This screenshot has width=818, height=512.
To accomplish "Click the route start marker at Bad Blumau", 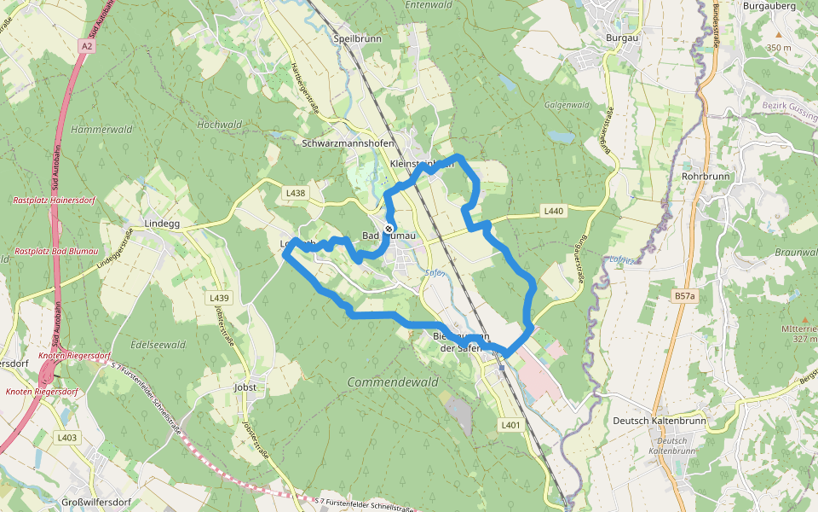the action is [x=389, y=229].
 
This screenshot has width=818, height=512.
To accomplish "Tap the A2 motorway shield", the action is [x=86, y=45].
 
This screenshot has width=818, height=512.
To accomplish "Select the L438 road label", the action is [x=296, y=194].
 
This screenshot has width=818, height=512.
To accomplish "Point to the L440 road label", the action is [x=554, y=211].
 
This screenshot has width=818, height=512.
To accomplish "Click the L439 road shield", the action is [x=219, y=298].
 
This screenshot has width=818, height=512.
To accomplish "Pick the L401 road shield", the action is [x=510, y=424].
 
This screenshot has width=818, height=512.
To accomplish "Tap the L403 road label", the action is [x=67, y=438].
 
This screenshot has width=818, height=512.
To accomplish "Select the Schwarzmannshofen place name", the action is [x=348, y=143].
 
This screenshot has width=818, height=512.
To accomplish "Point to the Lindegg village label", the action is [x=163, y=224].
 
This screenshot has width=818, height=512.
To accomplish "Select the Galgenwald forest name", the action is [x=567, y=105].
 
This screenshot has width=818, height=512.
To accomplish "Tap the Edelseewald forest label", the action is [x=158, y=345].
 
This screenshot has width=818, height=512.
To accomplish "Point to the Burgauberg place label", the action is [x=775, y=6].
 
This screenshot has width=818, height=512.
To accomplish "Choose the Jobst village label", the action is [x=245, y=387].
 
